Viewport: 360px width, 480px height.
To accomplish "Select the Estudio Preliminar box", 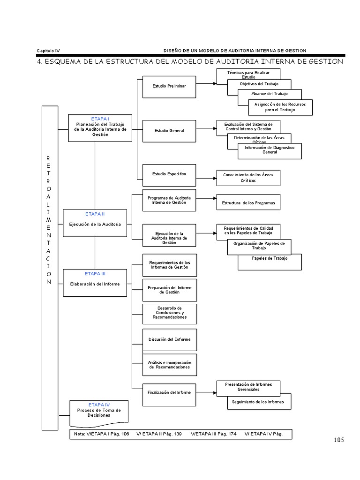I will click(x=169, y=87).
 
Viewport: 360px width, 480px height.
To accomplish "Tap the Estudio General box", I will click(x=169, y=130).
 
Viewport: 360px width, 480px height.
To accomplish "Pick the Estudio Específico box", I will click(x=169, y=174).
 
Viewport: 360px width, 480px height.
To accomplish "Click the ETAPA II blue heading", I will click(x=95, y=213).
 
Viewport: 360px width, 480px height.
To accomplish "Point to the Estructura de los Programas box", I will click(x=248, y=204).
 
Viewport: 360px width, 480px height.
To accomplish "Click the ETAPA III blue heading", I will click(x=95, y=273).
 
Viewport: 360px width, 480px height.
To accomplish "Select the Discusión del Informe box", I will click(x=169, y=339).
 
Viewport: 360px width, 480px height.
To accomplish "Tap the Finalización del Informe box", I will click(x=169, y=392).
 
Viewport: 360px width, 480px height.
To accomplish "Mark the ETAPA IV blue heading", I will click(x=99, y=404).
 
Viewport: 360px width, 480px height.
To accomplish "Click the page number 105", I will click(x=338, y=440).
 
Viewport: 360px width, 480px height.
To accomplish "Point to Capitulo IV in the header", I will click(x=48, y=51).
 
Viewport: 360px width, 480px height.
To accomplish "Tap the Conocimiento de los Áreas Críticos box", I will click(x=248, y=177).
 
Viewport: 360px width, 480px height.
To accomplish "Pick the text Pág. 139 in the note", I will click(x=171, y=434).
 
